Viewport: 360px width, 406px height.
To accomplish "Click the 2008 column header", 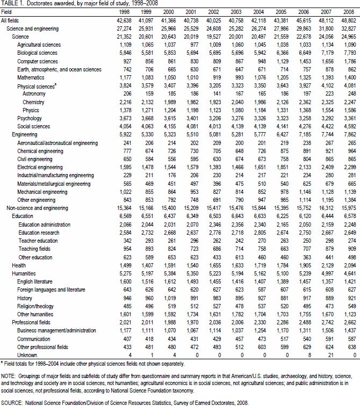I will [x=348, y=12].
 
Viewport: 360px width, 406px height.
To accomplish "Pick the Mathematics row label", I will [x=32, y=78].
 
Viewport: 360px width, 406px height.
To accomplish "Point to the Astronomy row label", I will [x=33, y=93].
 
